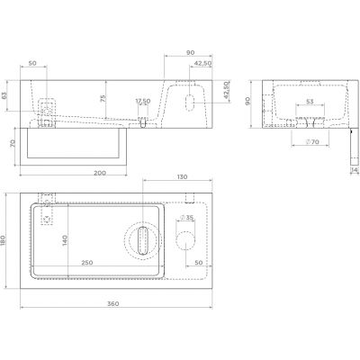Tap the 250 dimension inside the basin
pyautogui.click(x=88, y=262)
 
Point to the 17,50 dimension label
pyautogui.click(x=143, y=101)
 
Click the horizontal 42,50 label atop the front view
pyautogui.click(x=203, y=64)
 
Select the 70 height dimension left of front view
pyautogui.click(x=10, y=142)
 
